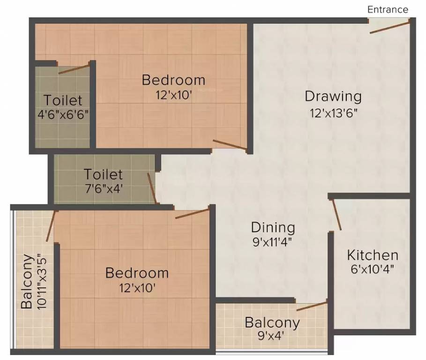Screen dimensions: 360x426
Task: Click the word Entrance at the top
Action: (x=387, y=9)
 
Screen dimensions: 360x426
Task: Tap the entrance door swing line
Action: (x=389, y=27)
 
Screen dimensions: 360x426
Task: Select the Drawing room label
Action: (x=333, y=97)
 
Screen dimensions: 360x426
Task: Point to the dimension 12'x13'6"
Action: (x=333, y=113)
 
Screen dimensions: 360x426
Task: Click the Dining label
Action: (x=273, y=228)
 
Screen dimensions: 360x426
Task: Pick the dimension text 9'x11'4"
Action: (x=273, y=243)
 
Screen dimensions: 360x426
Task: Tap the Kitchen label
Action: (x=373, y=255)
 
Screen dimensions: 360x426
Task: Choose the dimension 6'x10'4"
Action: (x=373, y=270)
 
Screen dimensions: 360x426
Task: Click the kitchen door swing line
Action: (x=336, y=215)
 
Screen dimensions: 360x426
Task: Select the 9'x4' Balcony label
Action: (x=272, y=322)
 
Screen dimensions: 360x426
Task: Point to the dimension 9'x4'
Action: (x=272, y=336)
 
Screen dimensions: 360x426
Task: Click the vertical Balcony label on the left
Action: (x=28, y=281)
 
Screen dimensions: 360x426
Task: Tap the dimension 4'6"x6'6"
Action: (x=63, y=115)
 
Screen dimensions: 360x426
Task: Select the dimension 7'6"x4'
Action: (x=104, y=189)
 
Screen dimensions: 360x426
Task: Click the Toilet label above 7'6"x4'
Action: (x=104, y=175)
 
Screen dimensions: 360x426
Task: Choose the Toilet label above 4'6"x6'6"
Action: (x=63, y=100)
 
